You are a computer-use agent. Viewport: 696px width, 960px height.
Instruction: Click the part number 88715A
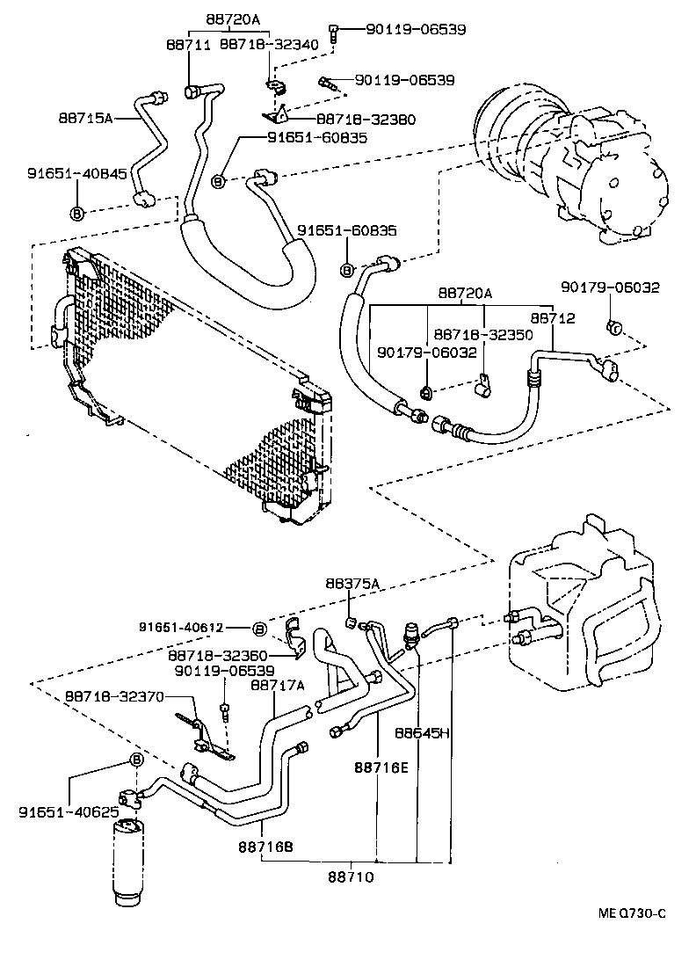point(86,117)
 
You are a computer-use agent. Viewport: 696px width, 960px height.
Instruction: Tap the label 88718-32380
point(366,120)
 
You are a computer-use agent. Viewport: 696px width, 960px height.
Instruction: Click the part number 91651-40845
point(76,174)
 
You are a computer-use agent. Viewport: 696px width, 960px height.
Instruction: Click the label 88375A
point(352,583)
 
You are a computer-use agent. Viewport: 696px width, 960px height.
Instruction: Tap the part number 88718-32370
point(114,696)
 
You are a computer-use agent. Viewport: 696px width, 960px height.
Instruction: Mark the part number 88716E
point(381,767)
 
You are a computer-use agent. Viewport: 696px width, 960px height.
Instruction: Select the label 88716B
point(265,846)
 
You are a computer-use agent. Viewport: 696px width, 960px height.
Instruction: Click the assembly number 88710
point(352,876)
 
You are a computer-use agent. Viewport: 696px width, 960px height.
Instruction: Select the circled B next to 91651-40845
point(76,213)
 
